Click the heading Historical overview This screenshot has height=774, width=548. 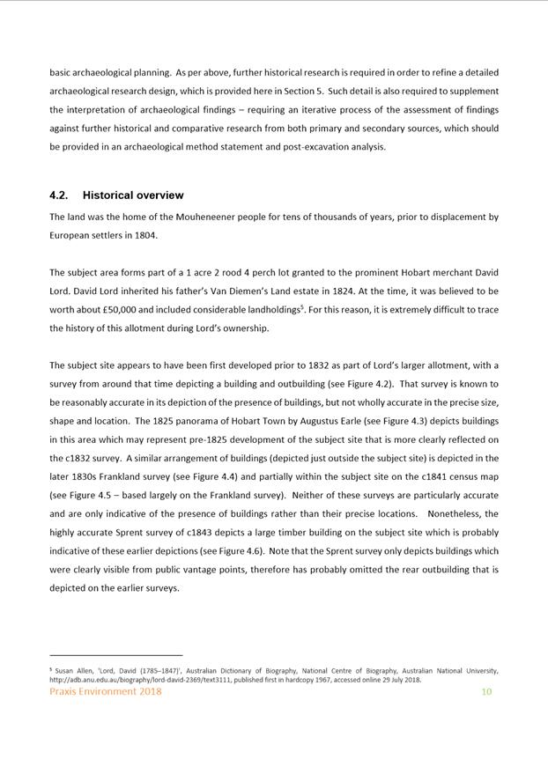pos(133,195)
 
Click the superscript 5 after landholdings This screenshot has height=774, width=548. pos(302,306)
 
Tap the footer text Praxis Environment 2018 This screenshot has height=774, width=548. pos(106,692)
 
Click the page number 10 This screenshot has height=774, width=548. pos(485,692)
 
